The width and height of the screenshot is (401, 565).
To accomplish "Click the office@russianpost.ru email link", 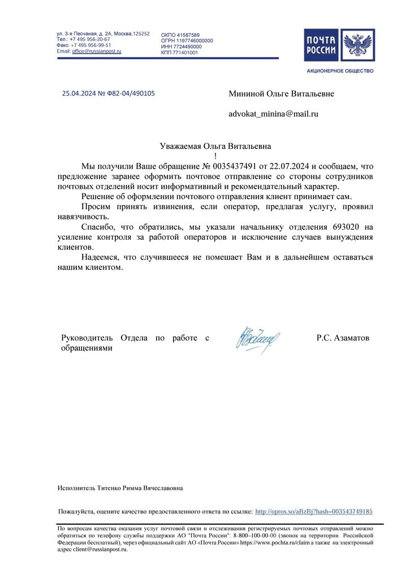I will click(x=97, y=51).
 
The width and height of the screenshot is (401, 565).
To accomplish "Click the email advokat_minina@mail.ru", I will click(x=273, y=114).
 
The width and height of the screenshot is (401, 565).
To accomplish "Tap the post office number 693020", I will click(x=339, y=227).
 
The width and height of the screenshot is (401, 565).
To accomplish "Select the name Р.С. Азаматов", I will click(x=343, y=338).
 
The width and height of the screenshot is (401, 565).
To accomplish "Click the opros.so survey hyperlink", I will click(x=314, y=511).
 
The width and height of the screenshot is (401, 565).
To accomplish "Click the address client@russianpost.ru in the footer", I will click(x=100, y=548).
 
